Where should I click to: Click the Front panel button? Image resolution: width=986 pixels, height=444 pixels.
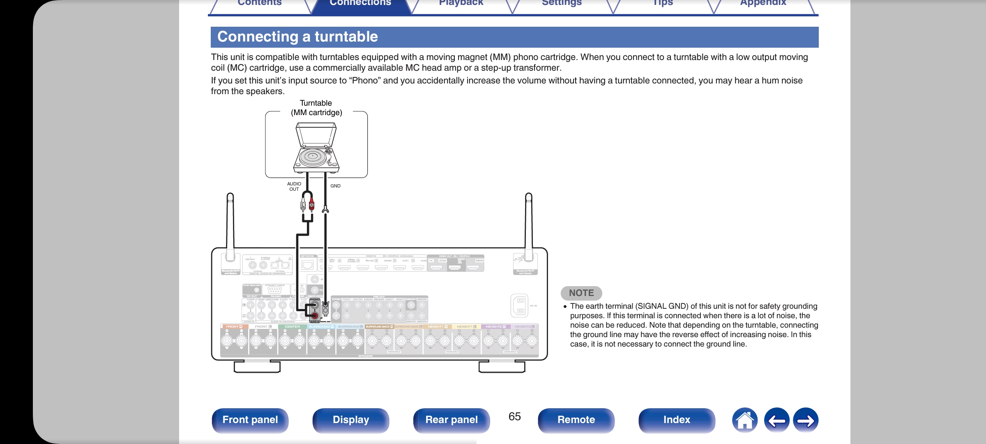tap(250, 420)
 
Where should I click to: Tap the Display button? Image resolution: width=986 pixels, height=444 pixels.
tap(350, 420)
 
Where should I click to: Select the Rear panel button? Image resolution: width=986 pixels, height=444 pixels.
tap(451, 420)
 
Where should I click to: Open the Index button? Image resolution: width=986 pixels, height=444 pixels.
tap(676, 420)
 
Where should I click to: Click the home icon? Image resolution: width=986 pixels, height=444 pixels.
tap(744, 420)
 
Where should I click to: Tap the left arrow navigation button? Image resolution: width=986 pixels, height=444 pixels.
tap(776, 420)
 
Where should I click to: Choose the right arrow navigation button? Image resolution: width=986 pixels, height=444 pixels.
tap(805, 420)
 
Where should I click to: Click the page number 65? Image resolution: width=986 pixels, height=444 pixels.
tap(514, 416)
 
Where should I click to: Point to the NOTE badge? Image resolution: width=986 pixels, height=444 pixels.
tap(581, 293)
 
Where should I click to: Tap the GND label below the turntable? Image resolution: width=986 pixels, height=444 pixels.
tap(335, 186)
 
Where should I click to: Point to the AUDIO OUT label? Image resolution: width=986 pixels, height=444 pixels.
tap(294, 187)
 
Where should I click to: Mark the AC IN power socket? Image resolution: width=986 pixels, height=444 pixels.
tap(519, 306)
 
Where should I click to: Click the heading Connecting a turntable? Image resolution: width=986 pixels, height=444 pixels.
tap(297, 37)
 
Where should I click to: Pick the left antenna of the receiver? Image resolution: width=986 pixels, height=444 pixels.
tap(230, 226)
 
